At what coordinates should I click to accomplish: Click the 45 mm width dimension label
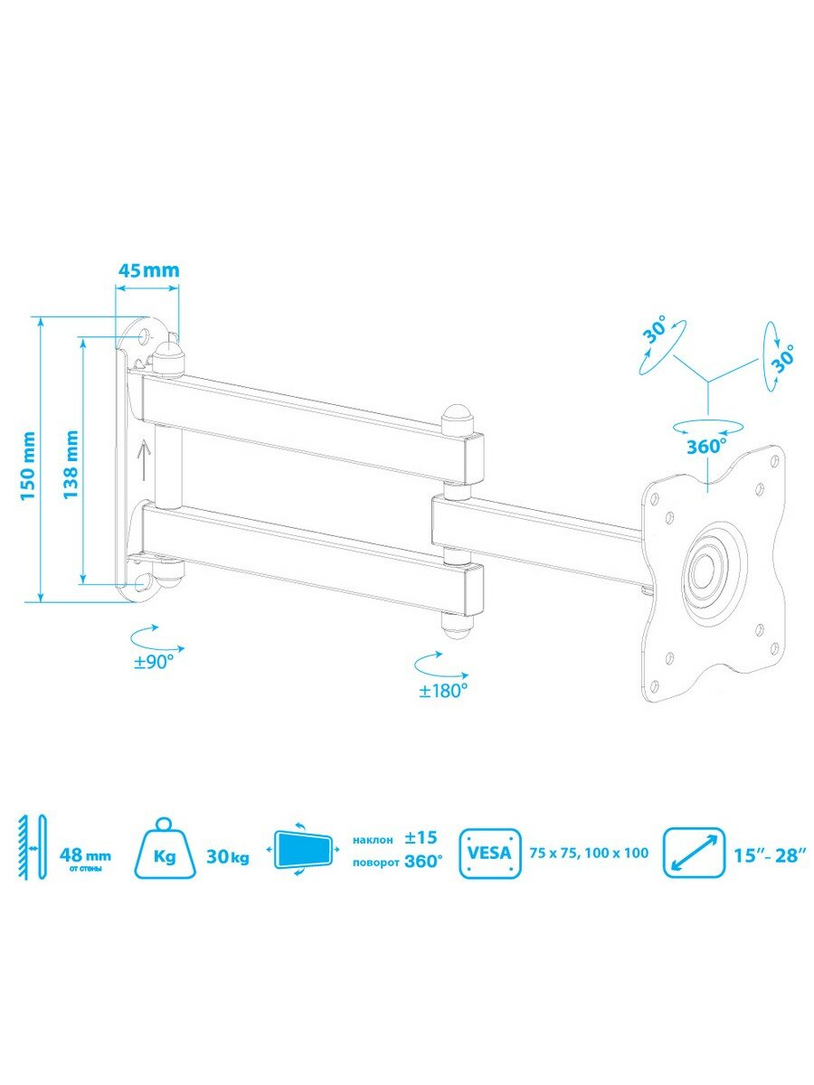[148, 270]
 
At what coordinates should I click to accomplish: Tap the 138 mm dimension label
[71, 465]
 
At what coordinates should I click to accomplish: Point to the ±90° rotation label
[154, 662]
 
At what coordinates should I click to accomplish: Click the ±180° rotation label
[443, 691]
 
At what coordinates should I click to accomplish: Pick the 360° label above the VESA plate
[706, 447]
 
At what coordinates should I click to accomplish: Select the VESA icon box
[490, 854]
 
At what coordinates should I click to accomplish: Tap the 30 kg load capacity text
[228, 856]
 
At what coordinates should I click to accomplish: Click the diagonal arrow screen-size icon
[695, 854]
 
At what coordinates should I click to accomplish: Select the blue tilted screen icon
[302, 854]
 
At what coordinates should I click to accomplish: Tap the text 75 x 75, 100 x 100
[589, 854]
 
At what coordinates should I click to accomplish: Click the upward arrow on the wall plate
[143, 461]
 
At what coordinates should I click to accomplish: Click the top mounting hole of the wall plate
[147, 335]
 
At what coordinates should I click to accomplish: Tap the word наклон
[374, 840]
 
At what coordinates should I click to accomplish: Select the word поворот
[375, 863]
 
